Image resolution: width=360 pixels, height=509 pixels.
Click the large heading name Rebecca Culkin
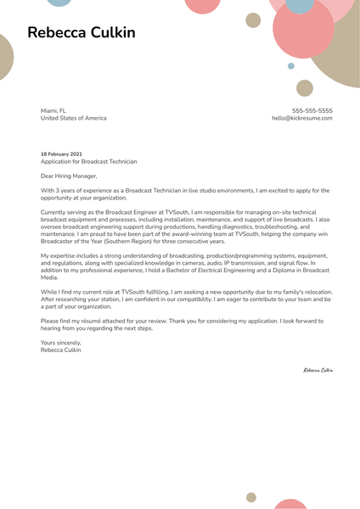point(81,33)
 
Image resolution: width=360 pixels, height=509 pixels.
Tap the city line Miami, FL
point(53,110)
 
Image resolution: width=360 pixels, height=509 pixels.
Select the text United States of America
point(74,118)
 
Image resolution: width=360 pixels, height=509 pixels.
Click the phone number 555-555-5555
point(312,110)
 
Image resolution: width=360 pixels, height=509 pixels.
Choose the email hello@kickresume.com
point(301,118)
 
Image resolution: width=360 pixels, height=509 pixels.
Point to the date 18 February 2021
point(62,154)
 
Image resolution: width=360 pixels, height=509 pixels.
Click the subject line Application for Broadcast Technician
point(88,161)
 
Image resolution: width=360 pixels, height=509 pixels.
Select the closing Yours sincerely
point(61,342)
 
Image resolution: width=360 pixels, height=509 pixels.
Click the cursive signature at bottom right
point(318,370)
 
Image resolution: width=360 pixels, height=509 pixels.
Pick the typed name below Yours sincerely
point(61,350)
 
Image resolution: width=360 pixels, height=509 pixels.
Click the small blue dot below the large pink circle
point(291,65)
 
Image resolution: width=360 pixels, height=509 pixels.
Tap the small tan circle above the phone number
point(305,88)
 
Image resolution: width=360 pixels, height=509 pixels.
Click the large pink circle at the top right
point(303,31)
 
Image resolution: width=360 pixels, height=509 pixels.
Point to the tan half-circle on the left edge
point(5,58)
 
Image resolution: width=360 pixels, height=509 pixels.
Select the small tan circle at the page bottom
point(251,498)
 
